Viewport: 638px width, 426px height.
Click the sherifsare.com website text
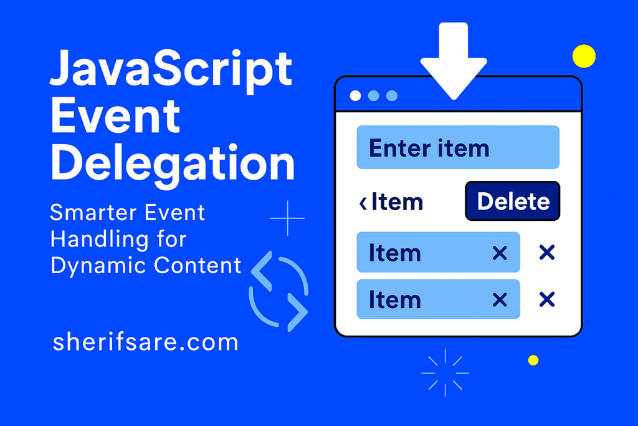145,342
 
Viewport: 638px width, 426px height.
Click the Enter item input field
458,148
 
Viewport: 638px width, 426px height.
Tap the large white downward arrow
453,59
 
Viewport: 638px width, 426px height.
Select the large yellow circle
584,56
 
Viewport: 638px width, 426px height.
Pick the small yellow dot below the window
533,360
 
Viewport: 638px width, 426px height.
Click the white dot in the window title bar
355,95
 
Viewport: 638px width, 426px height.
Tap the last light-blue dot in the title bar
392,95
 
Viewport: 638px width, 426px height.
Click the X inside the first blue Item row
499,253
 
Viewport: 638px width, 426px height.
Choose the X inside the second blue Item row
499,300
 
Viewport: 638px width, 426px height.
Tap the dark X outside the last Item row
546,300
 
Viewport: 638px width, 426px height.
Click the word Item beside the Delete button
397,202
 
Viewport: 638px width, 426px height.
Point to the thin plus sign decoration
287,218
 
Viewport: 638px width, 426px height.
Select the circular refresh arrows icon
279,290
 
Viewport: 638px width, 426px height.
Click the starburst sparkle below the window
445,372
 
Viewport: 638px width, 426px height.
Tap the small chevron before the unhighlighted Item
363,203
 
